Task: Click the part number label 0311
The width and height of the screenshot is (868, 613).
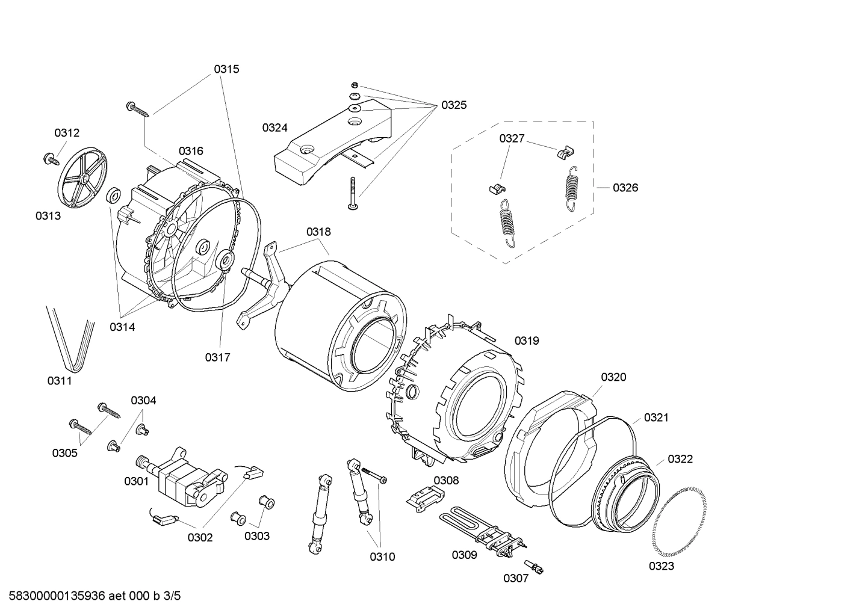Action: (60, 380)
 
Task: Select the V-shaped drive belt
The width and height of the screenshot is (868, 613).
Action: (71, 340)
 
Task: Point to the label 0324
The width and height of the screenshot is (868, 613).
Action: (274, 128)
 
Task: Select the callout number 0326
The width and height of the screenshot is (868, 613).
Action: (625, 188)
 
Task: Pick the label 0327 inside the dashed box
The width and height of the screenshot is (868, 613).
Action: (512, 138)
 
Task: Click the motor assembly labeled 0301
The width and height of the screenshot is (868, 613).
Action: (181, 475)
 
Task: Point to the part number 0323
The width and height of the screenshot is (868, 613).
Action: (661, 565)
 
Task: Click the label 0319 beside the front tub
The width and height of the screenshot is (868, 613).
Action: (527, 340)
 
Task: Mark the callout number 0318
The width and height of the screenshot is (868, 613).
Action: (318, 232)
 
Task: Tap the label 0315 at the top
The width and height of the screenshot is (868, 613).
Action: (226, 69)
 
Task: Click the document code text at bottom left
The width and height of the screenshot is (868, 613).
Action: (91, 596)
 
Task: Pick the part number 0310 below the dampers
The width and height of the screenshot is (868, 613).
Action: (382, 556)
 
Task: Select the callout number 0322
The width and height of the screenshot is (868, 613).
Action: (680, 459)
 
